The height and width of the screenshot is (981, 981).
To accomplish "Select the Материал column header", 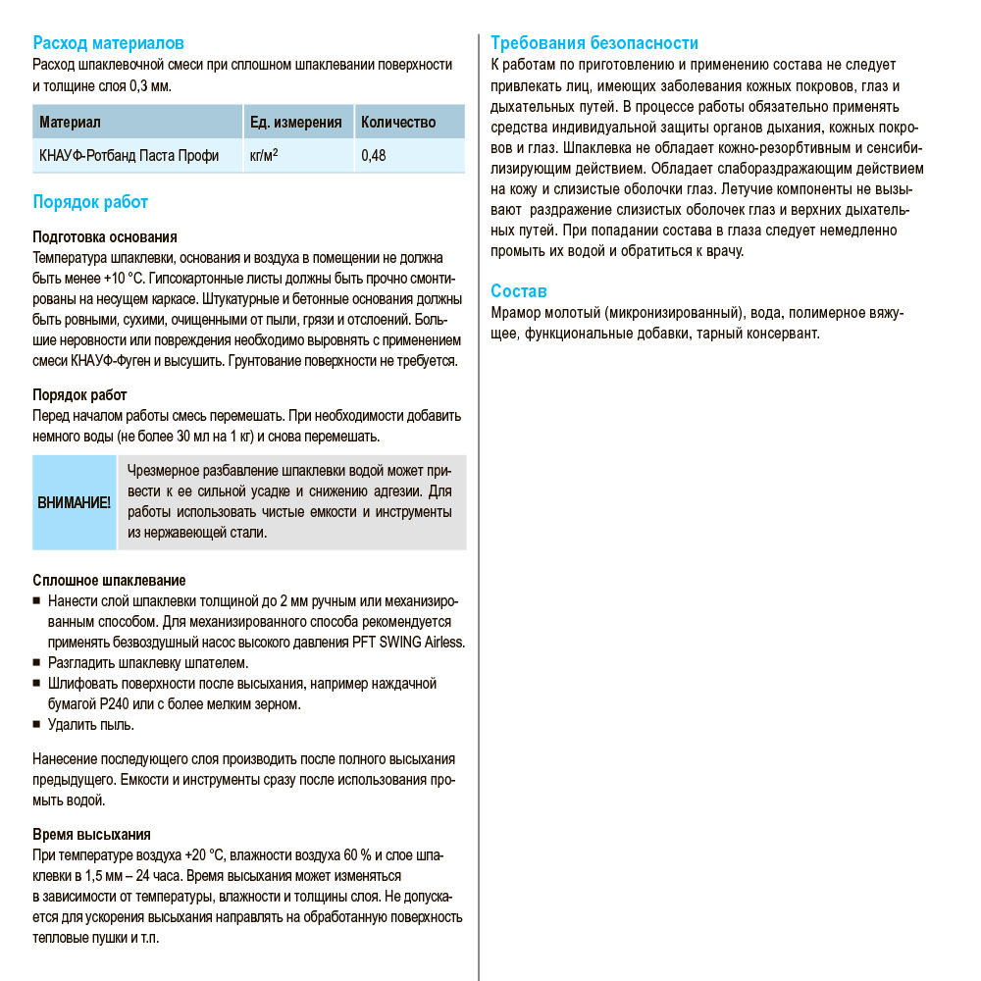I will pyautogui.click(x=70, y=123).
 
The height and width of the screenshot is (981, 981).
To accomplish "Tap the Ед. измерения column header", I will pyautogui.click(x=295, y=123).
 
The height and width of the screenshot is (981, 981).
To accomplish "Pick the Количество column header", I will pyautogui.click(x=398, y=123).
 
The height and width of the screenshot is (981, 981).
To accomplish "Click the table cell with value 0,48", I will pyautogui.click(x=373, y=156).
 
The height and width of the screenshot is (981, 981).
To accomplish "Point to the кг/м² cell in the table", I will pyautogui.click(x=264, y=156).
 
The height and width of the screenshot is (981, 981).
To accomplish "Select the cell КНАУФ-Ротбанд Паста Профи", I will pyautogui.click(x=129, y=156).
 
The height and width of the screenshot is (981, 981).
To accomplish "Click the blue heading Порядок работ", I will pyautogui.click(x=90, y=202).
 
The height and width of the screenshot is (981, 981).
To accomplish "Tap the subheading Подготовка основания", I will pyautogui.click(x=105, y=237).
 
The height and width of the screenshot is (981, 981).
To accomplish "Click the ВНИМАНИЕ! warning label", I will pyautogui.click(x=74, y=502).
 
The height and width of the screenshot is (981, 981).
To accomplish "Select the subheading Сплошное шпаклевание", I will pyautogui.click(x=109, y=581).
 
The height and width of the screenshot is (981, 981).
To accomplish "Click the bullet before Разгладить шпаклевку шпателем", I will pyautogui.click(x=36, y=663).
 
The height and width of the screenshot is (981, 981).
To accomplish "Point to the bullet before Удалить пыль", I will pyautogui.click(x=36, y=725).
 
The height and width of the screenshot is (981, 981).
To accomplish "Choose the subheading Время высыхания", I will pyautogui.click(x=91, y=835).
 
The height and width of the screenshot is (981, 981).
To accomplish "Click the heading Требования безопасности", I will pyautogui.click(x=594, y=43).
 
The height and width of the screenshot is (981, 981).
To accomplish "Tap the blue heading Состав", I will pyautogui.click(x=519, y=291).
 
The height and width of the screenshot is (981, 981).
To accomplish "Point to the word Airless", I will pyautogui.click(x=441, y=643).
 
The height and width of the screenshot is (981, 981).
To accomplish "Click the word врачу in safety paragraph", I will pyautogui.click(x=722, y=251).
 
